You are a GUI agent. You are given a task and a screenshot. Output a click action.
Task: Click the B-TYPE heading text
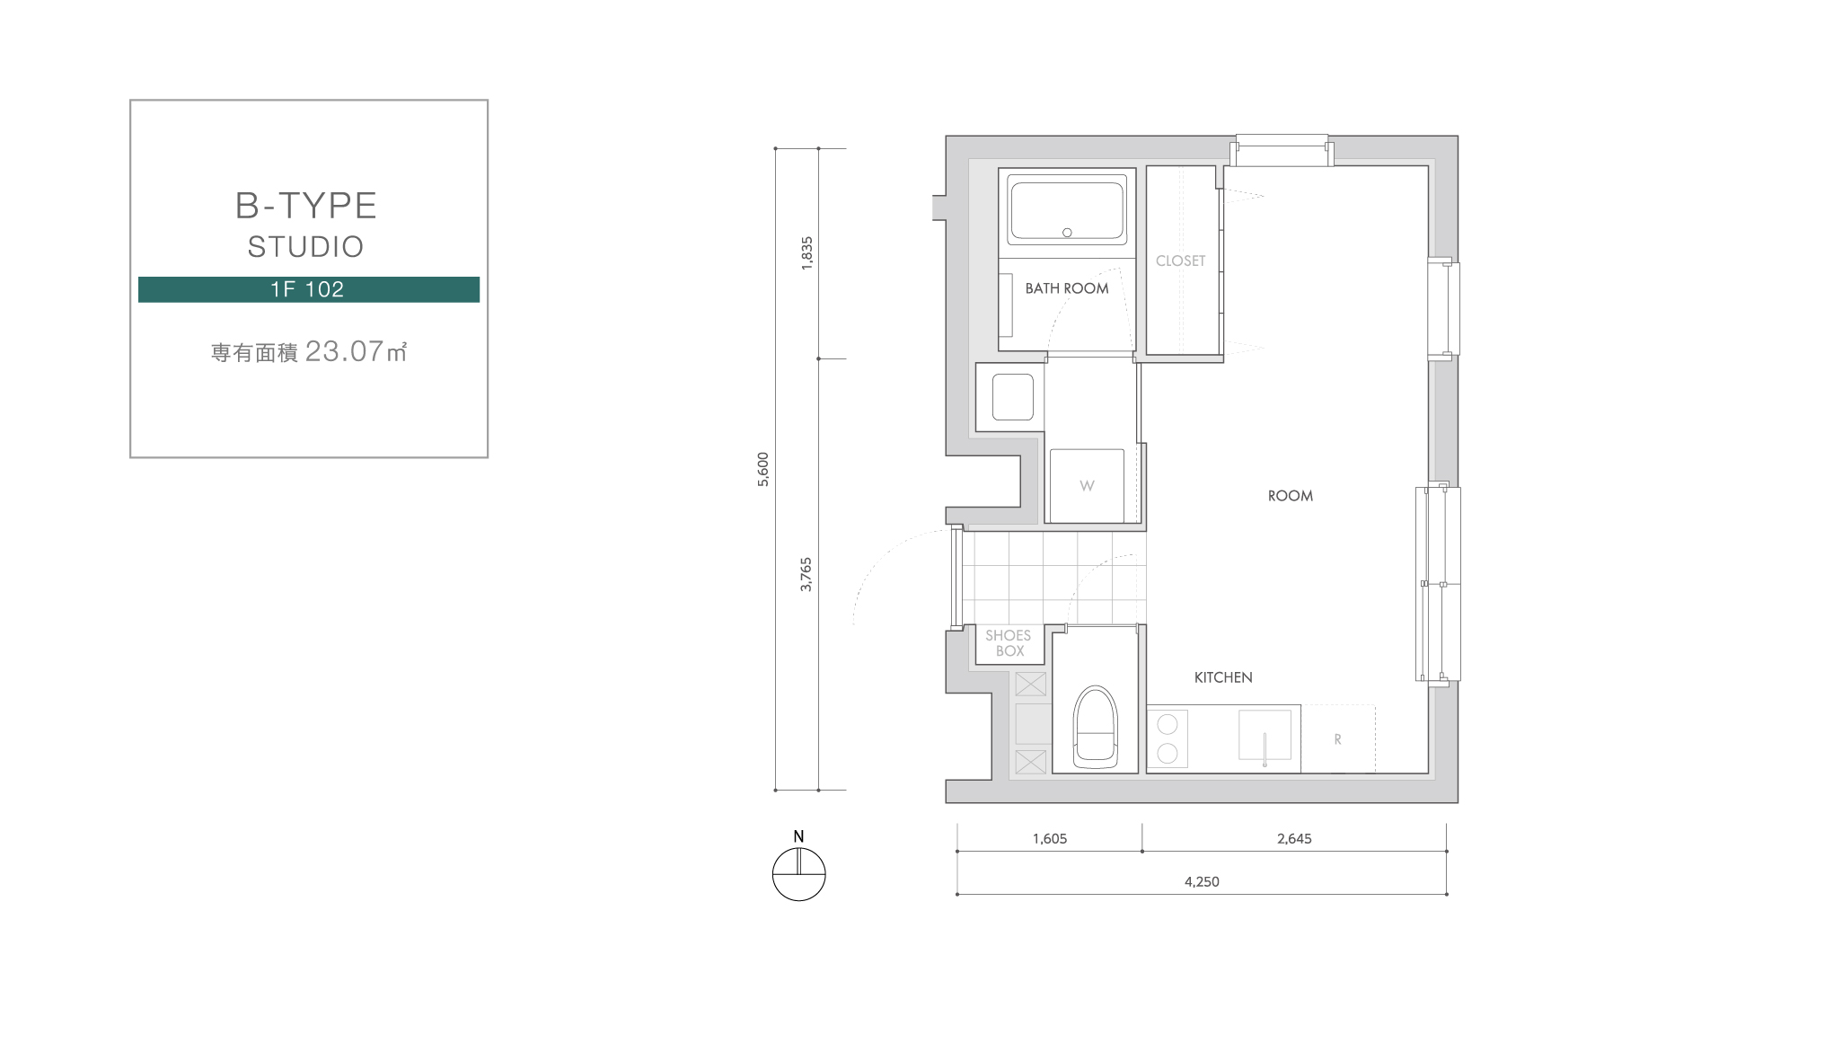tap(305, 206)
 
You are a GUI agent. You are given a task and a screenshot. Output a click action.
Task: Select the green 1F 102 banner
tap(309, 289)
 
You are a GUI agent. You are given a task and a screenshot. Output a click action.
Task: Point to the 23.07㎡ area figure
tap(357, 351)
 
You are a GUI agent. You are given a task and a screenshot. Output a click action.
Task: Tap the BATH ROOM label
tap(1067, 288)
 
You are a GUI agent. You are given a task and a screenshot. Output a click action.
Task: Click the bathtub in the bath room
tap(1066, 208)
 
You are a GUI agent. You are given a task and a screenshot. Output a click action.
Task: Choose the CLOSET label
tap(1180, 261)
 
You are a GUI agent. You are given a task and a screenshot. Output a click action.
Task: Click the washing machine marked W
tap(1087, 485)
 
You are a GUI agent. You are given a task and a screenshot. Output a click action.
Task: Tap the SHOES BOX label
tap(1009, 643)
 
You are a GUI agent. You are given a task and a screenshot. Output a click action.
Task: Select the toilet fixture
tap(1095, 728)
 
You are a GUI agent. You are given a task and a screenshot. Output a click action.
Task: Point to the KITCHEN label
tap(1223, 677)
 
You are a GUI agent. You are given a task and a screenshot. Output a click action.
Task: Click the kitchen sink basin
tap(1265, 735)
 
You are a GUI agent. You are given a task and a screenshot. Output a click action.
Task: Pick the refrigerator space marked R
tap(1338, 739)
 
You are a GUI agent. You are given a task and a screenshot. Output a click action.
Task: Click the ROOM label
tap(1291, 496)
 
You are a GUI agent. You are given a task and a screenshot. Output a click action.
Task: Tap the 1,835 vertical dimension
tap(806, 253)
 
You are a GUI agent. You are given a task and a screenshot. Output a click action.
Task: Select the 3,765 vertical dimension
tap(806, 574)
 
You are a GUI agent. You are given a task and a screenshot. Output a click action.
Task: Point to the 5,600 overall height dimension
tap(763, 469)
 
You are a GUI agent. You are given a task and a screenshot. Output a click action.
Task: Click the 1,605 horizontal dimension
tap(1050, 839)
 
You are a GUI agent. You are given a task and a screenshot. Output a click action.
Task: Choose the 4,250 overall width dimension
tap(1202, 882)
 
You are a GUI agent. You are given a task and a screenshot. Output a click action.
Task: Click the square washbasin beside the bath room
tap(1012, 396)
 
